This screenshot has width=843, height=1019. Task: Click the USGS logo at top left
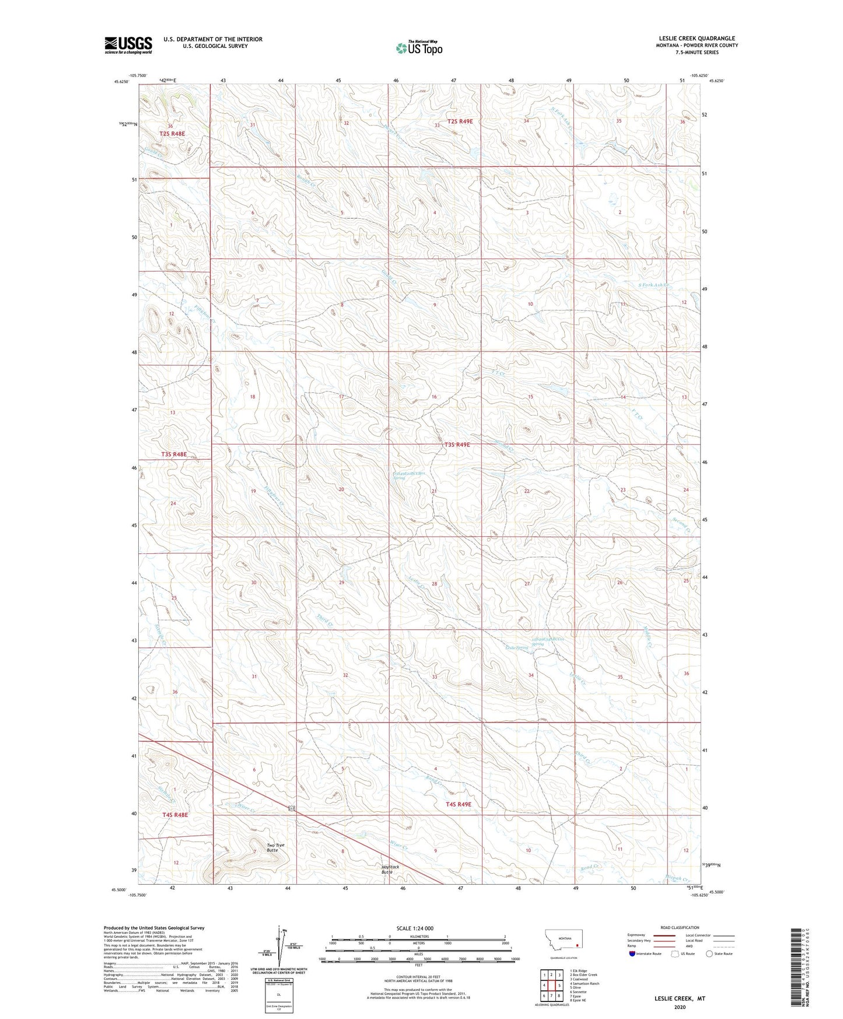coord(128,45)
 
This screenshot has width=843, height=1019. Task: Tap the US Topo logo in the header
coord(418,48)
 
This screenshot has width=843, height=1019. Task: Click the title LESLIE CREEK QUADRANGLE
coord(697,38)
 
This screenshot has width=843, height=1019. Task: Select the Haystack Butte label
coord(390,869)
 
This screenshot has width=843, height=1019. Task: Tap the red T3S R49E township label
coord(457,445)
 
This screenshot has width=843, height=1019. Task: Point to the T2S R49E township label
coord(460,121)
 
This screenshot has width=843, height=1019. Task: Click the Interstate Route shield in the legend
coord(633,970)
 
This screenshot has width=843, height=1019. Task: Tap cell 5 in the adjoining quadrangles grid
coord(558,986)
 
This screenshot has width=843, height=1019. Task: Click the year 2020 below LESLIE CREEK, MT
coord(680,1007)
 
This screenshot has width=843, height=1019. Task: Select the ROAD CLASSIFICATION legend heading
coord(680,927)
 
